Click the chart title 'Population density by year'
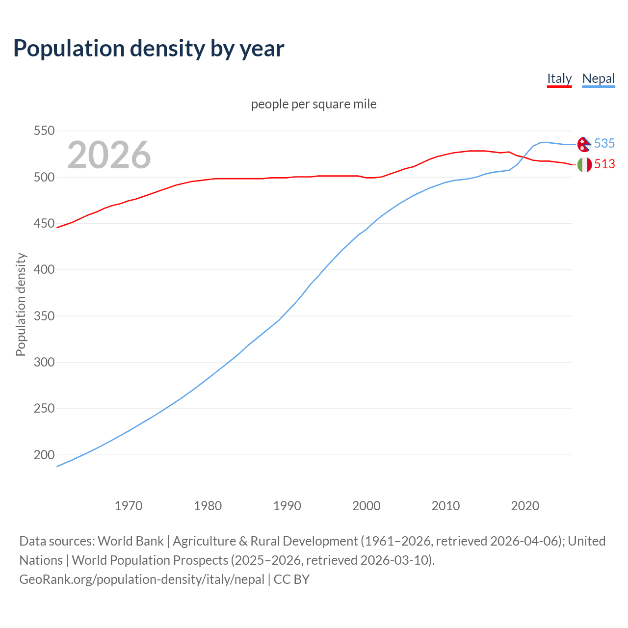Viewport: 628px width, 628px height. pyautogui.click(x=149, y=49)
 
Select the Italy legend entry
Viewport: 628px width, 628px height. pyautogui.click(x=559, y=78)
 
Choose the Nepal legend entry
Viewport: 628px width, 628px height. pyautogui.click(x=598, y=78)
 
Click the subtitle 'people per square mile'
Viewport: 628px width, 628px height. pyautogui.click(x=314, y=104)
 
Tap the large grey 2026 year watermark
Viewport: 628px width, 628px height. pyautogui.click(x=109, y=155)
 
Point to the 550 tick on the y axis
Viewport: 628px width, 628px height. pyautogui.click(x=44, y=131)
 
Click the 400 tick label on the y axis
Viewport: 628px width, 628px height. pyautogui.click(x=44, y=270)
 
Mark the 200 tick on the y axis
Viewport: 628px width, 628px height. pyautogui.click(x=44, y=455)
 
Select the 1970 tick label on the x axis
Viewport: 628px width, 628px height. pyautogui.click(x=129, y=506)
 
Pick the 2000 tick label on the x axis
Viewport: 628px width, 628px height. pyautogui.click(x=366, y=506)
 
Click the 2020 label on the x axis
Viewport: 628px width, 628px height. pyautogui.click(x=525, y=506)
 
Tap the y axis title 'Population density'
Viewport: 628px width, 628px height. pyautogui.click(x=21, y=304)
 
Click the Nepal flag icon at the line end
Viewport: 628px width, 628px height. pyautogui.click(x=584, y=144)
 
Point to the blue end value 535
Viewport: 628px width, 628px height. pyautogui.click(x=604, y=143)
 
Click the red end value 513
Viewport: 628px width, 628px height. pyautogui.click(x=604, y=164)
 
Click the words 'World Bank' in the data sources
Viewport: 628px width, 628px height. pyautogui.click(x=131, y=541)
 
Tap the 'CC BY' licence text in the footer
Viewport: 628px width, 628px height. pyautogui.click(x=291, y=579)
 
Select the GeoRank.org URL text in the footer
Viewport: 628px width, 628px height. pyautogui.click(x=142, y=579)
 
